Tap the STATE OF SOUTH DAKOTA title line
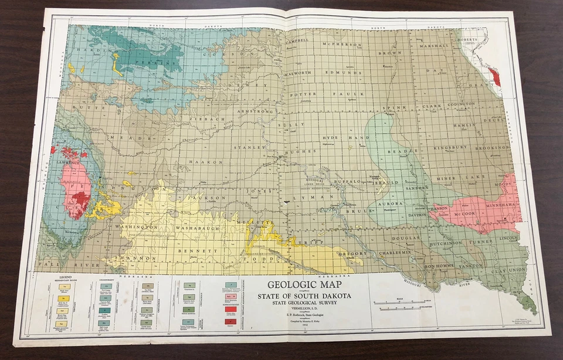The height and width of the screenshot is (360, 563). pyautogui.click(x=304, y=296)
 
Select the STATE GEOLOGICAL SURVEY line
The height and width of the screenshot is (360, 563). pyautogui.click(x=304, y=303)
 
